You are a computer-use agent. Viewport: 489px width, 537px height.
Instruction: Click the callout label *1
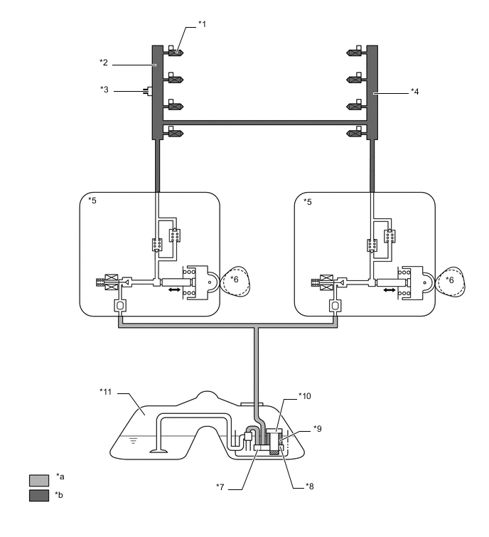[x=203, y=24]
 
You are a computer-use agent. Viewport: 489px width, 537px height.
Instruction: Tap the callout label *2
[x=104, y=63]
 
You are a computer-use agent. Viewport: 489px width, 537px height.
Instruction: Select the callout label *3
[x=104, y=90]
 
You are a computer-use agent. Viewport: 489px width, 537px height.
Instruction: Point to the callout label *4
[x=415, y=92]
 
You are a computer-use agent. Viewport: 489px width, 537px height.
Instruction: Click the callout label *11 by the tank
[x=106, y=391]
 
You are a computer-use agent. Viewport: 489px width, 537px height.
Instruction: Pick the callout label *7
[x=220, y=487]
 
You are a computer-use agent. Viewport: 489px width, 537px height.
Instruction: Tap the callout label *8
[x=309, y=487]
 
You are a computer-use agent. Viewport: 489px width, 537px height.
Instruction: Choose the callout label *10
[x=305, y=396]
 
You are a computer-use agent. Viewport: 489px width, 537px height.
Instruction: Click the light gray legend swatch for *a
[x=39, y=480]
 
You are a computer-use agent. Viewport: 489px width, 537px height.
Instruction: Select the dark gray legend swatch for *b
[x=39, y=496]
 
